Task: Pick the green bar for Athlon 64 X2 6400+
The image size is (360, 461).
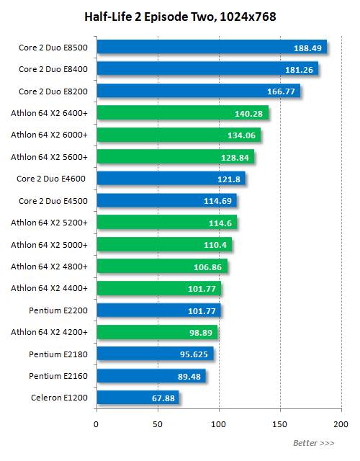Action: click(181, 113)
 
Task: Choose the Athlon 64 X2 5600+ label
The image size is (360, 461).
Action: click(50, 157)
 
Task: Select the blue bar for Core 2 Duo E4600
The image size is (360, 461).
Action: click(170, 179)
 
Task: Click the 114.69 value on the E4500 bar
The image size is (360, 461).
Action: click(215, 201)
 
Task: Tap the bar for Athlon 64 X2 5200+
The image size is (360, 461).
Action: click(166, 223)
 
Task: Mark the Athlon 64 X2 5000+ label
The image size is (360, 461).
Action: click(50, 245)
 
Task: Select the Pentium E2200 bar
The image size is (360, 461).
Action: click(158, 310)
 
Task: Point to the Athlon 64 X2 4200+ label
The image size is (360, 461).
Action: click(50, 332)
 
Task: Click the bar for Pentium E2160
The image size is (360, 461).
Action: click(150, 376)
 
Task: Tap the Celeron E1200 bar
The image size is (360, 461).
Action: click(137, 398)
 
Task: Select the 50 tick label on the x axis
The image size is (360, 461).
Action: click(158, 424)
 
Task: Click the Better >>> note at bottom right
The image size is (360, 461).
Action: click(313, 442)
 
